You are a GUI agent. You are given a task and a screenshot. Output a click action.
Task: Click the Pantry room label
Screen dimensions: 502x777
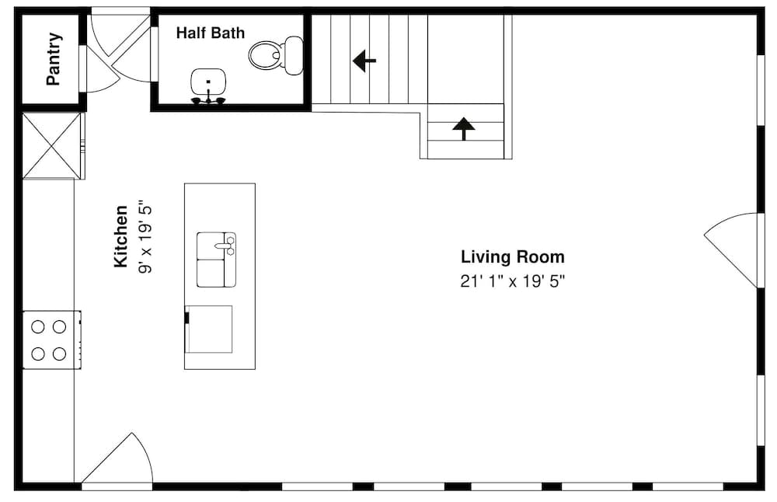click(x=54, y=59)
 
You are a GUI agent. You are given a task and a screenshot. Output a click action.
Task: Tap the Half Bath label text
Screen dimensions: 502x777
click(x=210, y=33)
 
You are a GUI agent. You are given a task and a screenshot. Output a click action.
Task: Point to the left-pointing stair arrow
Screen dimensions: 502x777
click(x=364, y=61)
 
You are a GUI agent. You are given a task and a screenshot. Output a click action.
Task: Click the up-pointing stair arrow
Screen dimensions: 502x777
click(x=464, y=128)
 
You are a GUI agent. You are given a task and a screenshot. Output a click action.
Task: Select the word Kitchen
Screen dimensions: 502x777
click(x=121, y=236)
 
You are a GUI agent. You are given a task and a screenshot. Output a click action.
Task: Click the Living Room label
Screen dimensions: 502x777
click(x=512, y=257)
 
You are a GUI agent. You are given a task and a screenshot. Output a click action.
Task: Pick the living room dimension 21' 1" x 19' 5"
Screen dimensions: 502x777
click(x=512, y=281)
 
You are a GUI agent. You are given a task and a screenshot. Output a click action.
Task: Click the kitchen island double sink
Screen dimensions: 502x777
click(x=215, y=260)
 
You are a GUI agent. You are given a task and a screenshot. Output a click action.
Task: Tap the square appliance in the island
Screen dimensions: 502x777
click(x=209, y=329)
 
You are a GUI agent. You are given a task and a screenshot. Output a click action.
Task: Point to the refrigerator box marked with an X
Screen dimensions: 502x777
click(x=51, y=145)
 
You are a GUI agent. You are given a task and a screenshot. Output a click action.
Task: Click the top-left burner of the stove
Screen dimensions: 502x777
click(x=38, y=326)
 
